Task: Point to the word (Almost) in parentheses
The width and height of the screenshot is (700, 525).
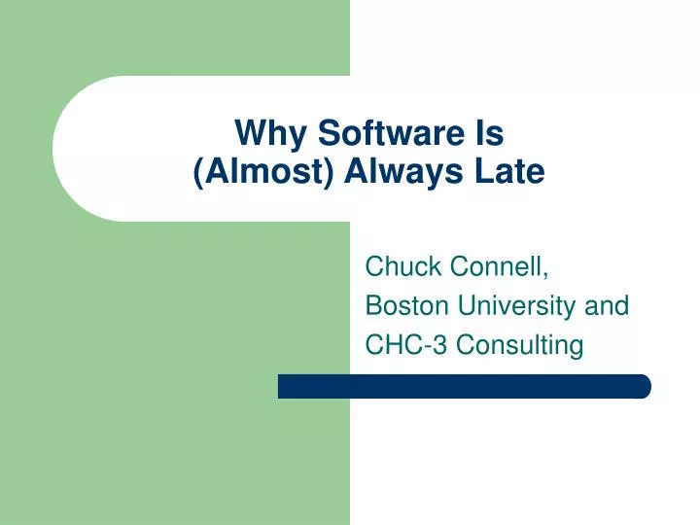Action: pos(261,172)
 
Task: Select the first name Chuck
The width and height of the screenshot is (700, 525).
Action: pos(400,264)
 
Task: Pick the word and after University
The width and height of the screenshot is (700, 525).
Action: pos(608,305)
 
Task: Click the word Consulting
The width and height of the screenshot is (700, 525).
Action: pos(519,345)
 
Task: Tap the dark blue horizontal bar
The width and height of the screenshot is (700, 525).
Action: pos(464,386)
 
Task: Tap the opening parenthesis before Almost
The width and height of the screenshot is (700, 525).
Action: pos(198,173)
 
